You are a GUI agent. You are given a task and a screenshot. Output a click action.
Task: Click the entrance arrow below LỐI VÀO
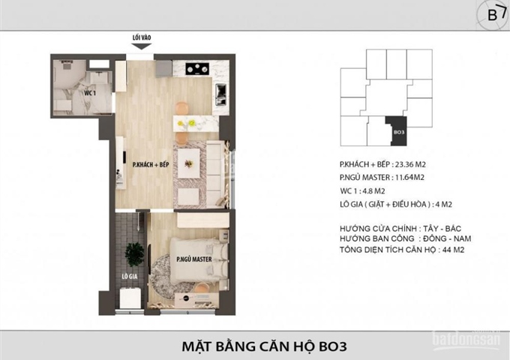tap(141, 46)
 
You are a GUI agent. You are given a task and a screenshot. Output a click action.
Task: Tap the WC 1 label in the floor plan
tap(90, 93)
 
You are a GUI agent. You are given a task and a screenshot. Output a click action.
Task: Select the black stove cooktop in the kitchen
tap(197, 68)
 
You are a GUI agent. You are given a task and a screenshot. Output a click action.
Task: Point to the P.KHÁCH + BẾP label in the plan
tap(151, 164)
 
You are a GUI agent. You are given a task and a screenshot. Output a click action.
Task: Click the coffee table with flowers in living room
tap(189, 163)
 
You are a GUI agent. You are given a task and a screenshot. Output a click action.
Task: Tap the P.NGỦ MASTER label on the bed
tap(194, 259)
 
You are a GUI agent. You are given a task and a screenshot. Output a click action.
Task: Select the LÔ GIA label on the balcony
tap(130, 277)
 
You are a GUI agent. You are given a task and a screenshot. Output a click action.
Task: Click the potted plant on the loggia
tap(135, 253)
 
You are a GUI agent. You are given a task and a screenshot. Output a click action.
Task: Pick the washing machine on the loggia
tap(130, 298)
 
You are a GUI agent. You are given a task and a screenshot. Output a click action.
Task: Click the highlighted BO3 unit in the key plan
tap(397, 130)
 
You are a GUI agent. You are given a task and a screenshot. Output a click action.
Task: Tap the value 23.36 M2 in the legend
tap(410, 164)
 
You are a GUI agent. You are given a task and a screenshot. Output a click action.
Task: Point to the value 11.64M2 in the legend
tap(409, 178)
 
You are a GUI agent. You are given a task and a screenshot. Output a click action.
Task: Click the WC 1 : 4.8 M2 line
tap(362, 191)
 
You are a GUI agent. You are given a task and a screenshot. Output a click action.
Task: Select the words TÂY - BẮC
tap(442, 228)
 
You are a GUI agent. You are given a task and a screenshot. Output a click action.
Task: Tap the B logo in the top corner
tap(493, 15)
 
